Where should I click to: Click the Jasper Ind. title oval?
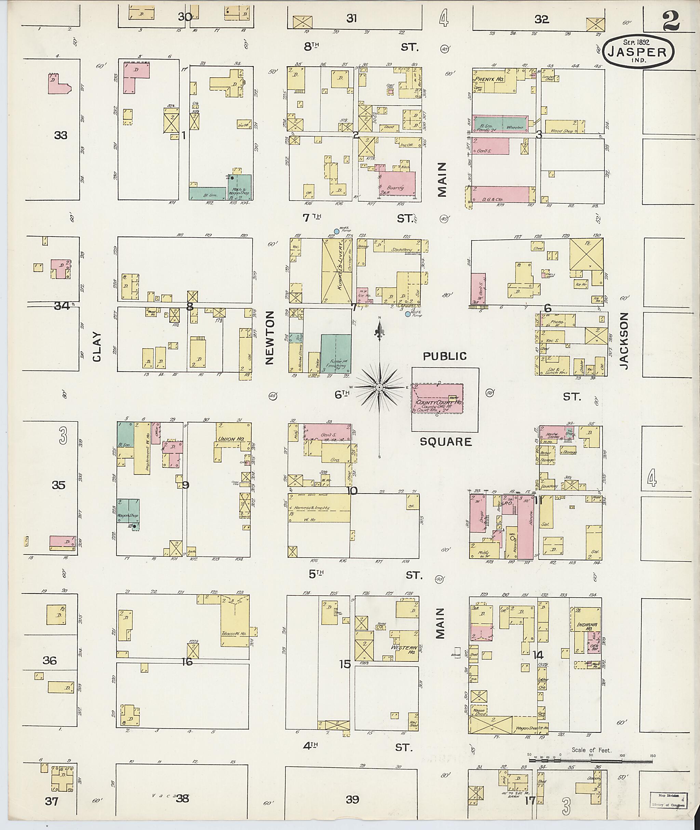(x=638, y=52)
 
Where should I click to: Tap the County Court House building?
(x=438, y=398)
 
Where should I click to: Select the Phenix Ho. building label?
(x=488, y=79)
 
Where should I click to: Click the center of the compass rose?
(x=379, y=387)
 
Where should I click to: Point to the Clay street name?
(x=97, y=346)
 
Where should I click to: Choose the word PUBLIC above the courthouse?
(x=444, y=356)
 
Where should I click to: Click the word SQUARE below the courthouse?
(x=446, y=441)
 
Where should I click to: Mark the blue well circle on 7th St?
(x=337, y=231)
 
